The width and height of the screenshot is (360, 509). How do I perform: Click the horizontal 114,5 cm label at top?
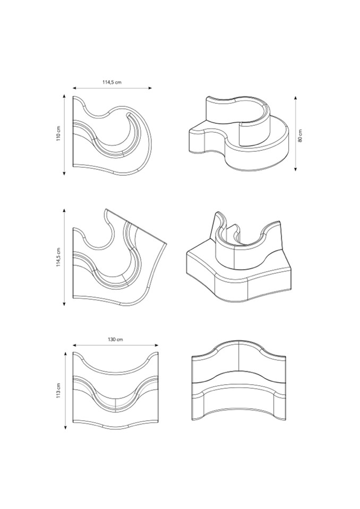coord(112,82)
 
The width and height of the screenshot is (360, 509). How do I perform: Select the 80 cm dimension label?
coord(300,135)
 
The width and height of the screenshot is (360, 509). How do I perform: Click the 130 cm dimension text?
coord(116,340)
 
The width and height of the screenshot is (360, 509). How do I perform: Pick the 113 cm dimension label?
coord(58,391)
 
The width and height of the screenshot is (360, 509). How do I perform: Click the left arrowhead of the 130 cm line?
coord(74,346)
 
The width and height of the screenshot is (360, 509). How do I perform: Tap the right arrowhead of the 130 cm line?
coord(157,346)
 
